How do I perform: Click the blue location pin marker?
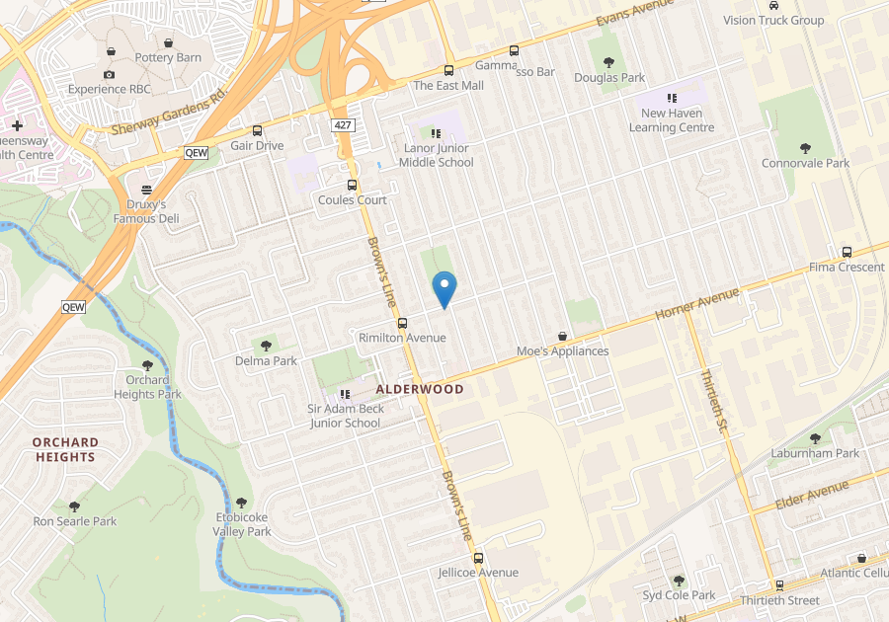tap(444, 288)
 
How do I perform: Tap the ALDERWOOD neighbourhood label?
tap(420, 389)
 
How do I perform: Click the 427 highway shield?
tap(343, 125)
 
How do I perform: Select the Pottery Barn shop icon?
tap(168, 43)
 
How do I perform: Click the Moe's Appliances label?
tap(562, 351)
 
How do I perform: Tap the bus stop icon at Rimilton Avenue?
tap(402, 323)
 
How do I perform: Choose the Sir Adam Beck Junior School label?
tap(345, 416)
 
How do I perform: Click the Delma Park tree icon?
tap(266, 346)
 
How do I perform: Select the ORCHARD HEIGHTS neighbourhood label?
tap(65, 449)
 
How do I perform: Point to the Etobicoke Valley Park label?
tap(242, 524)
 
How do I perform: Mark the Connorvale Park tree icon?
tap(805, 148)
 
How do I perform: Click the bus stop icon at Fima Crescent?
tap(847, 252)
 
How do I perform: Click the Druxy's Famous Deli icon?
tap(147, 190)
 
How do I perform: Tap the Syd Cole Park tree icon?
tap(679, 581)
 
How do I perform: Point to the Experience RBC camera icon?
tap(109, 74)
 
